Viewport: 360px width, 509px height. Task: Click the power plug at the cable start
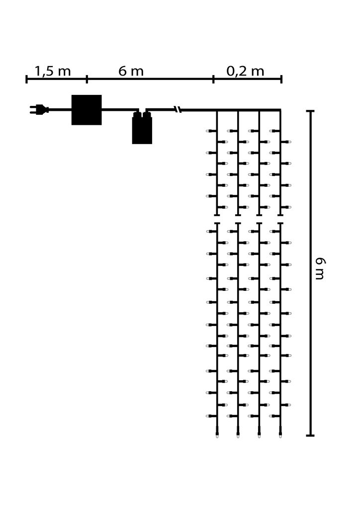[39, 109]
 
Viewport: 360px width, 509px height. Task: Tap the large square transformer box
[87, 110]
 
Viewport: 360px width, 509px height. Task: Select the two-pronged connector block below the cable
[142, 129]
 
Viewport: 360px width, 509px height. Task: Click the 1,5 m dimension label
[53, 71]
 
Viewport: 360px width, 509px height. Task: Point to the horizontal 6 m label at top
[131, 71]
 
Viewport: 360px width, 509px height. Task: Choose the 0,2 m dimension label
[245, 71]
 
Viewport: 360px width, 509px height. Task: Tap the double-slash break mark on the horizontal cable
[178, 109]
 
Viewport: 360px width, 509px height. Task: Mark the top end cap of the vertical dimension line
[310, 111]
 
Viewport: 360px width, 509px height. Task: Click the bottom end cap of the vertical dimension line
[310, 435]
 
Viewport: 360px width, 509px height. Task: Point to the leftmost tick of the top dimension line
[26, 79]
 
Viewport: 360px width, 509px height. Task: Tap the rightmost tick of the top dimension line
[281, 79]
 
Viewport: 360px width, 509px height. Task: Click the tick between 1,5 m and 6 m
[87, 79]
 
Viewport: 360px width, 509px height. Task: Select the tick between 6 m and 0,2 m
[213, 79]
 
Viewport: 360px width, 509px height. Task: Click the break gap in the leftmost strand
[217, 219]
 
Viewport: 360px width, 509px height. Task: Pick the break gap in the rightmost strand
[280, 219]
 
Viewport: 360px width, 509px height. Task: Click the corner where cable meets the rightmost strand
[280, 110]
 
